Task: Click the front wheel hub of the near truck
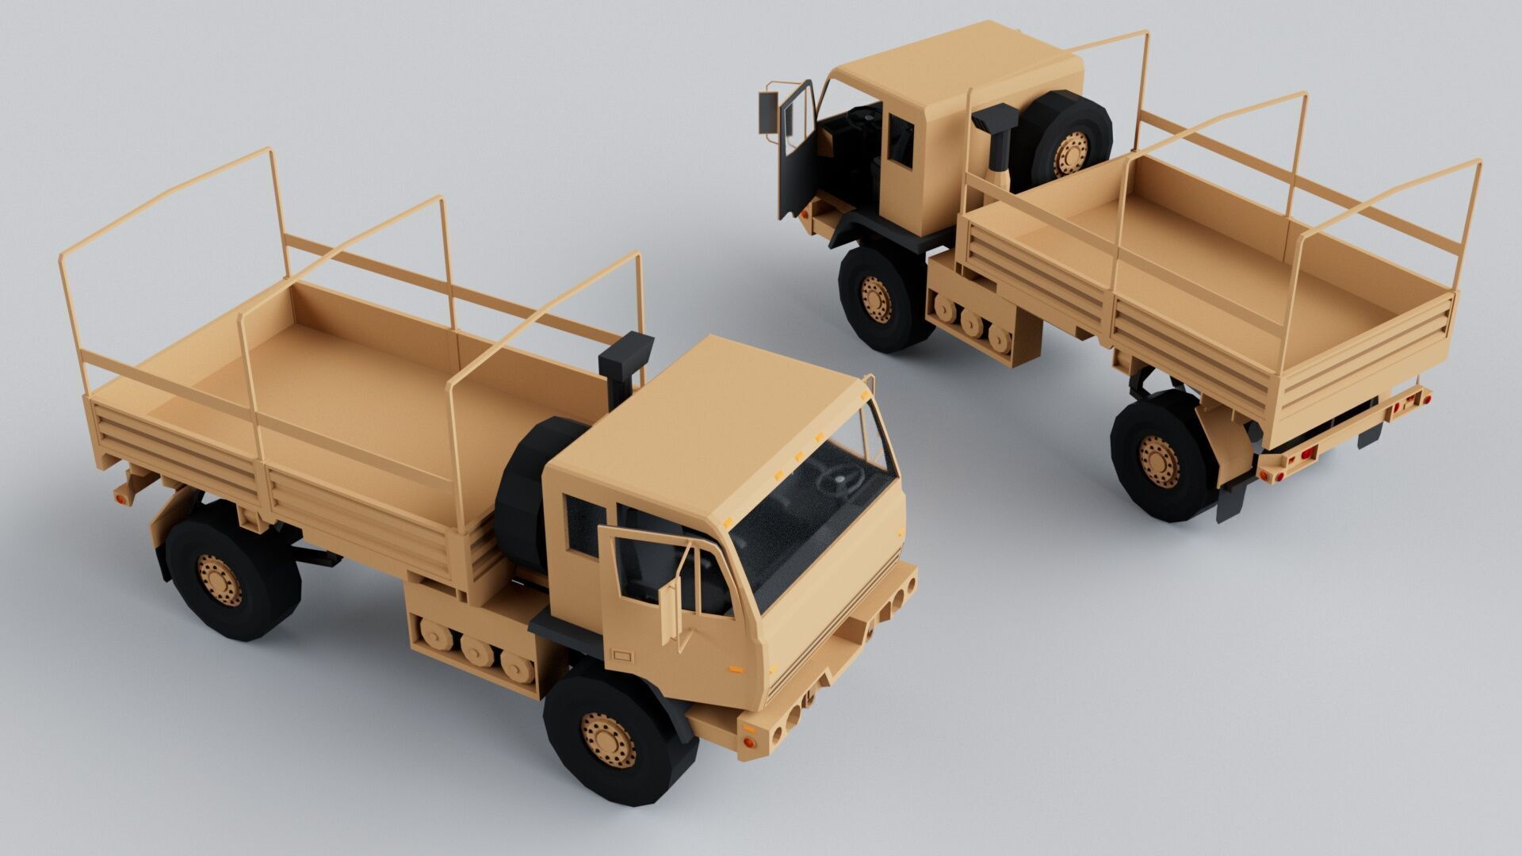608,739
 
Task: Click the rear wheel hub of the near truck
220,579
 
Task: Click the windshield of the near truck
816,515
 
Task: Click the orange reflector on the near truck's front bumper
748,743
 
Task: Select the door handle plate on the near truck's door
622,656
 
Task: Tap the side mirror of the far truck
768,112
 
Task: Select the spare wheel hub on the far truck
1071,154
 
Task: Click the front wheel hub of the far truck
876,299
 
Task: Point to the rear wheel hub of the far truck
1159,460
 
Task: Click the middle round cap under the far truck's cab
972,322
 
